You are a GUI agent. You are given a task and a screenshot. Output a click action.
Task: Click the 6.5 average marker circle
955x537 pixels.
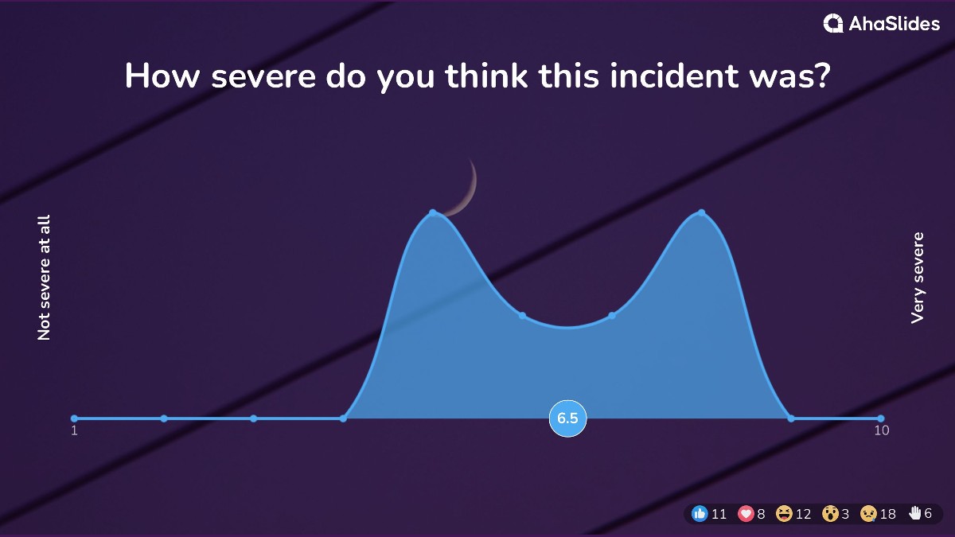(567, 418)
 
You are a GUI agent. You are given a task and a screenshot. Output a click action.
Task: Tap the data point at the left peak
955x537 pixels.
(433, 212)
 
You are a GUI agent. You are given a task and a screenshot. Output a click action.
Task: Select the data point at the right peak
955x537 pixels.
(701, 212)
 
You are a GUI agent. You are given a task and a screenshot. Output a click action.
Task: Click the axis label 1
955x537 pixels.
(74, 431)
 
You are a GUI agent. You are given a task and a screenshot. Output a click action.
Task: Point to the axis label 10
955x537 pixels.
(881, 431)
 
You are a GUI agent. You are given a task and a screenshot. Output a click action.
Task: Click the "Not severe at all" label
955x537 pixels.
(44, 278)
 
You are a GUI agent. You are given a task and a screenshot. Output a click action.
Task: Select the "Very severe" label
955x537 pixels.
(918, 278)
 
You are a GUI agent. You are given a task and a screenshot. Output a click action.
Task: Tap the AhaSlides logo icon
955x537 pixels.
(833, 24)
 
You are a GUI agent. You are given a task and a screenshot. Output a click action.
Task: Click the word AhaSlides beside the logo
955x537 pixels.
(894, 24)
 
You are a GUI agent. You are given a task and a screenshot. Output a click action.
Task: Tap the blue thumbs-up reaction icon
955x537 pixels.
(700, 514)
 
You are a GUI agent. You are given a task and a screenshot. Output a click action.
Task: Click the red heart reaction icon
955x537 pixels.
(746, 514)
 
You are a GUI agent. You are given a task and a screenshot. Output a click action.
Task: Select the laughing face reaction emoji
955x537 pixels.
(784, 514)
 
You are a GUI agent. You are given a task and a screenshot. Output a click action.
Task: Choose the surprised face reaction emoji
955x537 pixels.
(830, 514)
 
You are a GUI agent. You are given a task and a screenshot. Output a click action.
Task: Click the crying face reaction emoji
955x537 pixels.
(868, 514)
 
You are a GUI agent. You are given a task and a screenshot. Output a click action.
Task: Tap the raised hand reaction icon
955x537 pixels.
(915, 513)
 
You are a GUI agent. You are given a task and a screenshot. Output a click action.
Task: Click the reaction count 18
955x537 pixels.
(888, 514)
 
